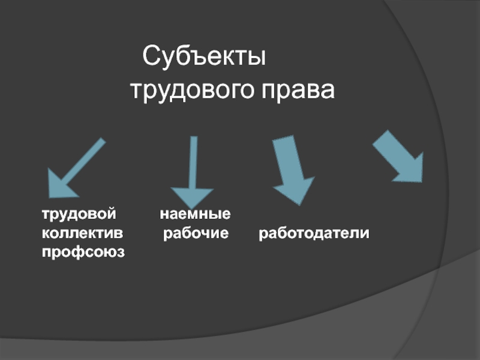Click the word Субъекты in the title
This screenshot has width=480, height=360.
click(x=205, y=58)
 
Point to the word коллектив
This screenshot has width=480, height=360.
click(x=82, y=233)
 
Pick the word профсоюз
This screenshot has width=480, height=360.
click(x=83, y=252)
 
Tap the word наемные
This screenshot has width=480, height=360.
click(x=196, y=214)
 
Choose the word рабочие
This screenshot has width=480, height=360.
click(x=196, y=233)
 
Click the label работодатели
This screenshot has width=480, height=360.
click(x=314, y=233)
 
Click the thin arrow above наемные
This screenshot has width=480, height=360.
click(x=193, y=171)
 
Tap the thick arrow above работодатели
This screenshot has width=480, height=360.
click(x=291, y=168)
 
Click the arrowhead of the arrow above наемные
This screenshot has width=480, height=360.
click(x=192, y=197)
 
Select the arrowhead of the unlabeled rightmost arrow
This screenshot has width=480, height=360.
click(x=411, y=168)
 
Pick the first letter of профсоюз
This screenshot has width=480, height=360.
click(x=46, y=252)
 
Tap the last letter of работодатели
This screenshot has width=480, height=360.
click(x=366, y=233)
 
